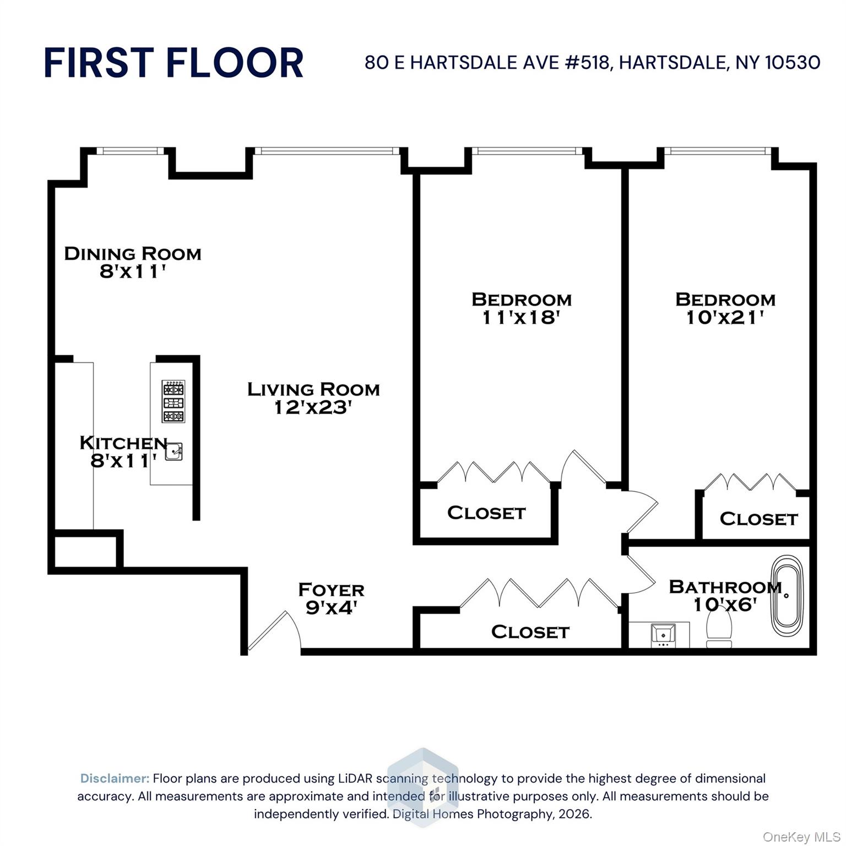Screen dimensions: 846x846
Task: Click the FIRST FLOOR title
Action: coord(173,62)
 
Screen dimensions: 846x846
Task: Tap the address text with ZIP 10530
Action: coord(592,62)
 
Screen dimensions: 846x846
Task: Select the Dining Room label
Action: coord(133,253)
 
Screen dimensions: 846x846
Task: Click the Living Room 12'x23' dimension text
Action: coord(313,408)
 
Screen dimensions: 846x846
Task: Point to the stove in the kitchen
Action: coord(173,402)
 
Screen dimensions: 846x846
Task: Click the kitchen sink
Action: coord(174,452)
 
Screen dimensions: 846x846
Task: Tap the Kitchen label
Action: coord(123,443)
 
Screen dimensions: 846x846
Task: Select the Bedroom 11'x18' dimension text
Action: coord(521,317)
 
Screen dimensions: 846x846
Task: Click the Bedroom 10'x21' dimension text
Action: coord(725,317)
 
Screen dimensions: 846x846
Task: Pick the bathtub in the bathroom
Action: coord(787,596)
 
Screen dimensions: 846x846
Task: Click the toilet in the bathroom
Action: coord(719,629)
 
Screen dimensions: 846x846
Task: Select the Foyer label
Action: coord(331,590)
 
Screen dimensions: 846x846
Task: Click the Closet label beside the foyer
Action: coord(530,632)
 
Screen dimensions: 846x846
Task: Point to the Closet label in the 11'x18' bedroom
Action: coord(486,513)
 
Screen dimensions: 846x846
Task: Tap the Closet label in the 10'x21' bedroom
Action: coord(758,519)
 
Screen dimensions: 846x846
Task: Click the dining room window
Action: coord(130,151)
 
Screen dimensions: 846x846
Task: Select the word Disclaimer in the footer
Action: coord(115,778)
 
